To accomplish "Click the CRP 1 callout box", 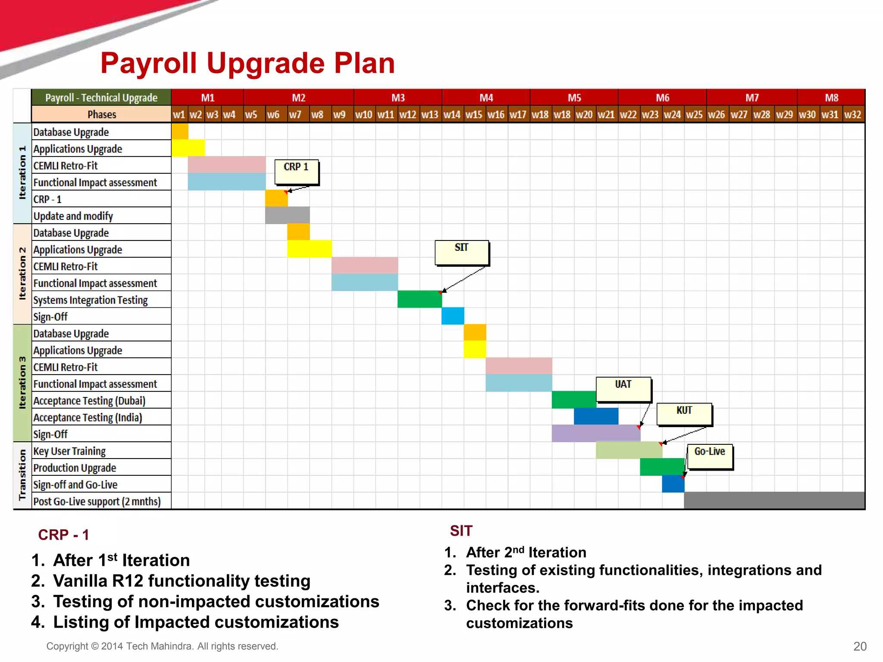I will point(297,172).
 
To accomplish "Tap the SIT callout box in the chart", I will point(462,253).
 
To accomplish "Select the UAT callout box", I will point(623,389).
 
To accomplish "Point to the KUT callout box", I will point(684,414).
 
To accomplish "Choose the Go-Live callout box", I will point(710,456).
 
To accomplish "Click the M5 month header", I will point(574,98).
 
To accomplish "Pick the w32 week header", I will point(853,115).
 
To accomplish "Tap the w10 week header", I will point(364,115).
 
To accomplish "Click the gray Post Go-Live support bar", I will point(774,500).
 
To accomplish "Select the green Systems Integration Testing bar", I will point(420,299).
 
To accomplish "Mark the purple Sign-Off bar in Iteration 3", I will point(596,433).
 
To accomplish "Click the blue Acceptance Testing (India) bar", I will point(596,416).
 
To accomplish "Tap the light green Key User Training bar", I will point(629,450).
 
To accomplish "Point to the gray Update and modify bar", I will point(287,215).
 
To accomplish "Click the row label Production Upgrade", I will point(75,468).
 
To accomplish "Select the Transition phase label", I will point(22,475).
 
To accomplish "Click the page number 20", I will point(860,646).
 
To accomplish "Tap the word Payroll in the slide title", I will point(149,63).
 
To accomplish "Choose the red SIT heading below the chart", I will point(461,531).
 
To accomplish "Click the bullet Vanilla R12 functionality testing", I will point(182,581).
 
